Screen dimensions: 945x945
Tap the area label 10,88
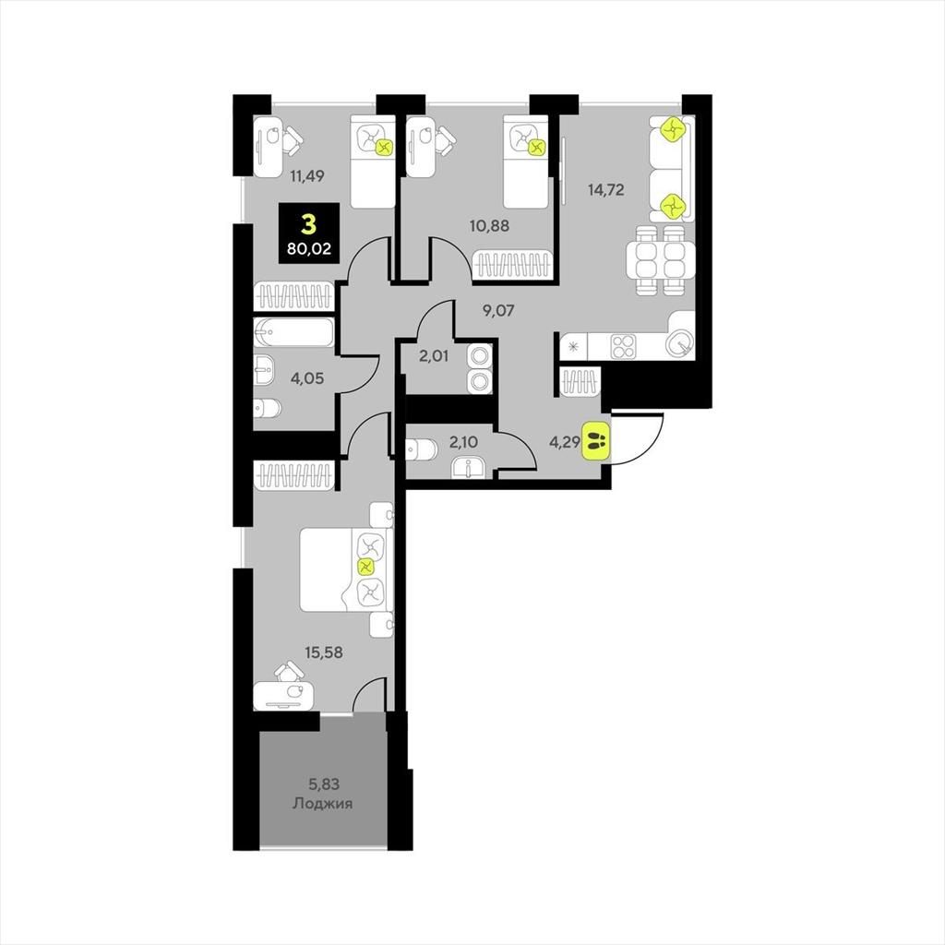click(x=490, y=224)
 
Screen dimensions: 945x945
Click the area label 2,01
click(x=434, y=355)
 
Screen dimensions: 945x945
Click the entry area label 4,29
click(x=565, y=441)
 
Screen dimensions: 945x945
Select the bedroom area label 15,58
click(x=324, y=652)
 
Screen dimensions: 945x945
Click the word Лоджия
click(x=322, y=804)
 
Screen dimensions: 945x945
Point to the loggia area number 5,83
click(x=323, y=785)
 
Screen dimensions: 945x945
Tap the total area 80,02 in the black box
click(x=307, y=246)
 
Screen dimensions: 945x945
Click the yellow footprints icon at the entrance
click(x=597, y=436)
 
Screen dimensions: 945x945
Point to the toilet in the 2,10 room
click(x=423, y=449)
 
